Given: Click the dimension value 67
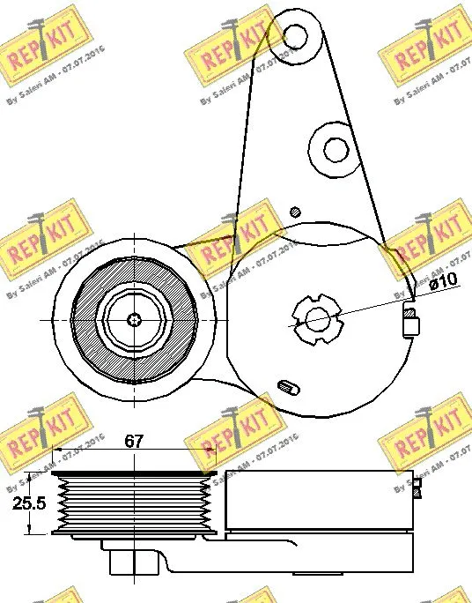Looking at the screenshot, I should pyautogui.click(x=133, y=441).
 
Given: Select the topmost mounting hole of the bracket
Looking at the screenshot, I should pyautogui.click(x=295, y=35).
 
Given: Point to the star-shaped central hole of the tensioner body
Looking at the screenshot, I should pyautogui.click(x=315, y=317).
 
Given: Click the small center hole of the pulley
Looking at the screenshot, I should pyautogui.click(x=134, y=318).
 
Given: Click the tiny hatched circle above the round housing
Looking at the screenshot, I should pyautogui.click(x=296, y=211).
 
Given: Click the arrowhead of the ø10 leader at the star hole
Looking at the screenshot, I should pyautogui.click(x=299, y=325).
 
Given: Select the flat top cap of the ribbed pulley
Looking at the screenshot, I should pyautogui.click(x=133, y=474).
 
